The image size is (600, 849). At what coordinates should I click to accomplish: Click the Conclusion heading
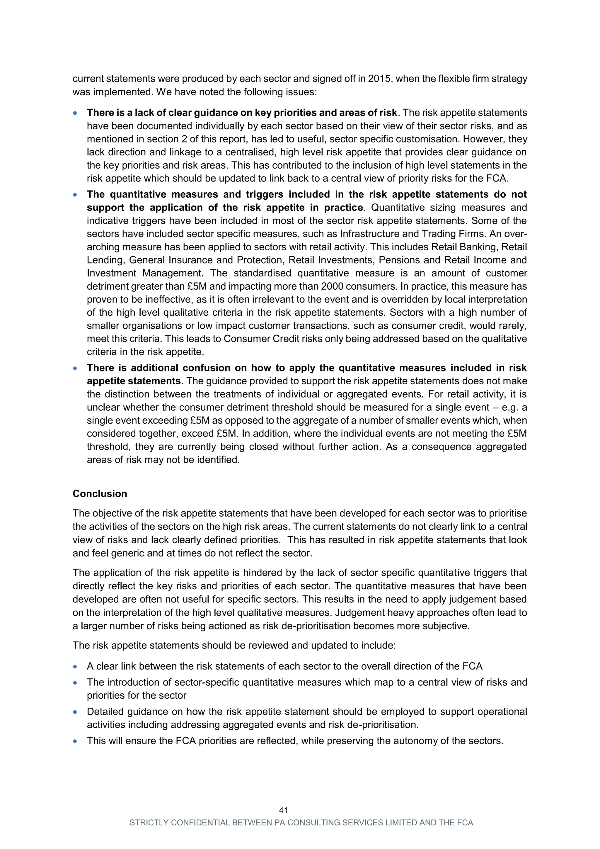(x=100, y=494)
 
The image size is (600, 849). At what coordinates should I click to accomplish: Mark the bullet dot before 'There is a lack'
(x=75, y=113)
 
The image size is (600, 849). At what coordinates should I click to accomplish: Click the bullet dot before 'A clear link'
(x=75, y=666)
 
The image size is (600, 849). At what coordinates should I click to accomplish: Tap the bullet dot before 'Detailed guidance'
(x=75, y=712)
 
